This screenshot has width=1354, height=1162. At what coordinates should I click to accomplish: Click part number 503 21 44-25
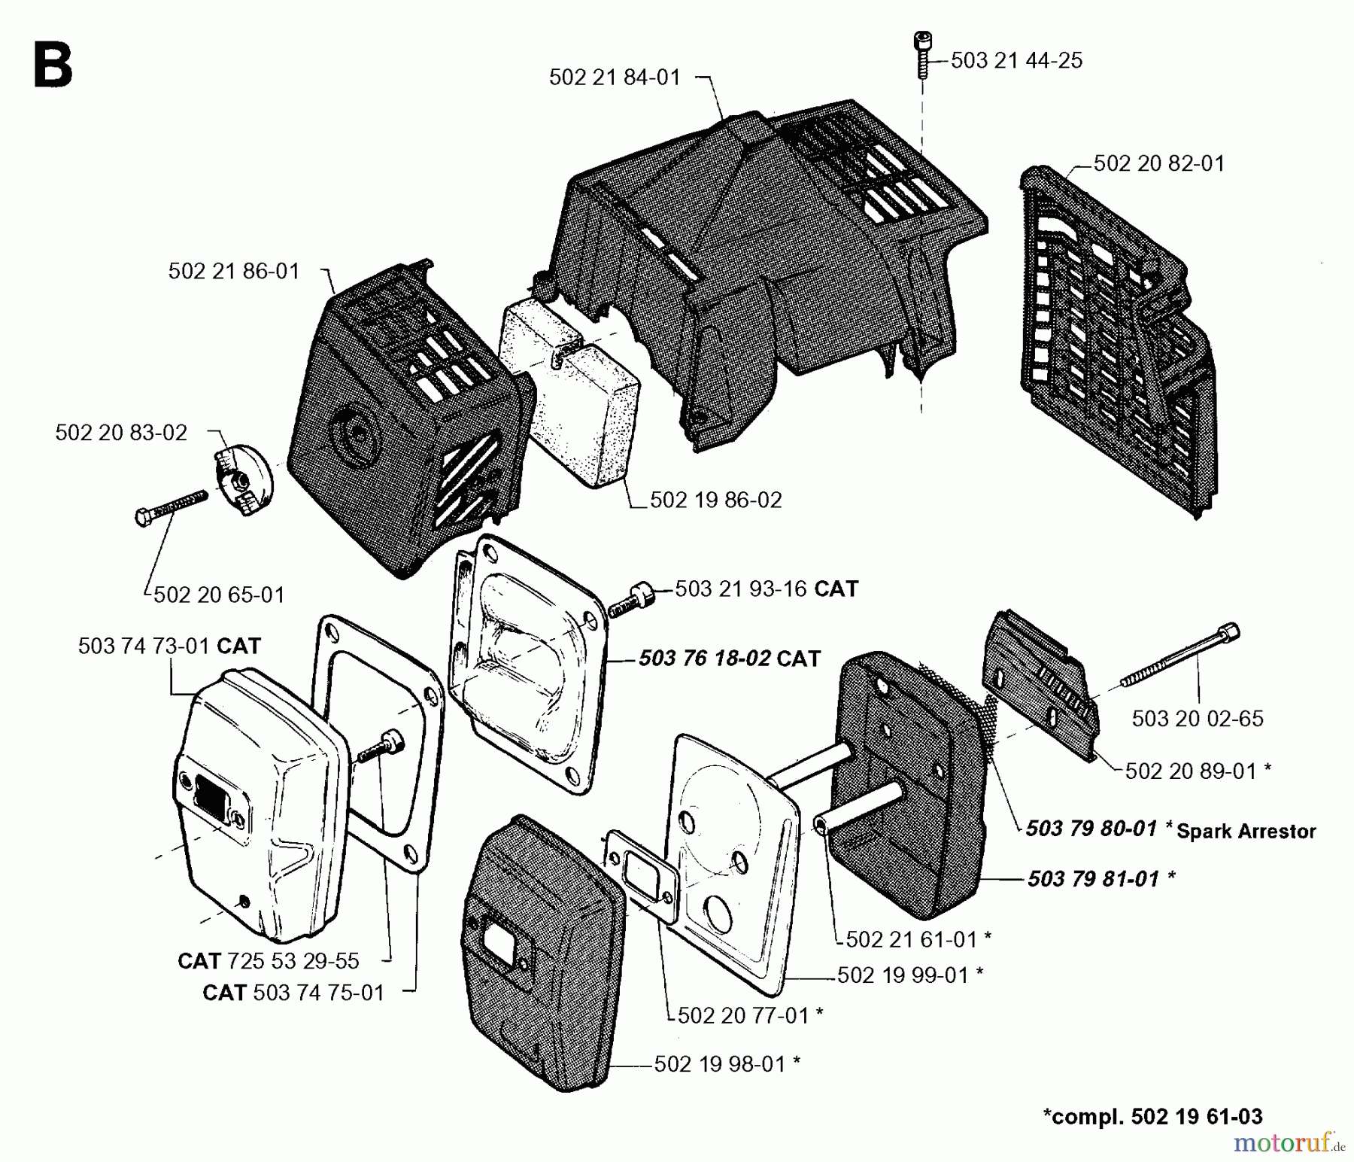pos(1016,61)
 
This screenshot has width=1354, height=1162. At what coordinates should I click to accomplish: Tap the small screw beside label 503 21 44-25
pos(921,44)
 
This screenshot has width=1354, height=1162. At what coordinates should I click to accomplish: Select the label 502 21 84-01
pos(615,78)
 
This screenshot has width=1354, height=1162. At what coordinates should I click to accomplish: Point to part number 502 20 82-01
pos(1158,163)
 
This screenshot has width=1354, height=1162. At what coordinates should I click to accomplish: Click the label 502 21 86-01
pos(234,272)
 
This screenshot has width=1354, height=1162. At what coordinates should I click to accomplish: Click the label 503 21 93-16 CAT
pos(767,589)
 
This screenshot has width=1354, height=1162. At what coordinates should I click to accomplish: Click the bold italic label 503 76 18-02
pos(705,659)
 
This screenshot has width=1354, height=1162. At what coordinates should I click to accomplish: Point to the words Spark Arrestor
pos(1246,832)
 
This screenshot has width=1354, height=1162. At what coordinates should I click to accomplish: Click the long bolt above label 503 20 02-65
pos(1181,656)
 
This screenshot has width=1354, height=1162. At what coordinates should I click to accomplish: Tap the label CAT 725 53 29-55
pos(269,961)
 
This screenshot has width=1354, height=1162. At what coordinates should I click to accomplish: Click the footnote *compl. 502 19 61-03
pos(1152,1116)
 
